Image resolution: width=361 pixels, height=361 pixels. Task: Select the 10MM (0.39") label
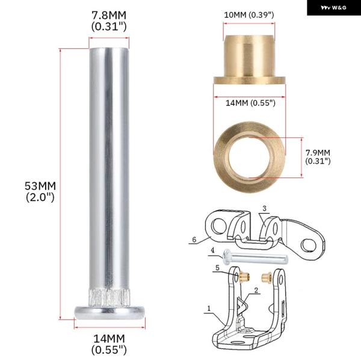(249, 15)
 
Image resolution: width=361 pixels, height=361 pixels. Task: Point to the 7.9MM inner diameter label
(318, 157)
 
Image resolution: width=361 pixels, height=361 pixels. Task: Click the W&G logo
(333, 8)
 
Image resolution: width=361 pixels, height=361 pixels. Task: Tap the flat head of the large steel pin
(110, 313)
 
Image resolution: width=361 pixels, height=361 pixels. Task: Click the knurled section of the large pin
(109, 298)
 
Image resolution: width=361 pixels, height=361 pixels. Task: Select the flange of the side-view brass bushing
(250, 80)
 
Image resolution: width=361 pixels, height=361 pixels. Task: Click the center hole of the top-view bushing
(249, 157)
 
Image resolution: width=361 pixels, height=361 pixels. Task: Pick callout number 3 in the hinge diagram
(264, 208)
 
